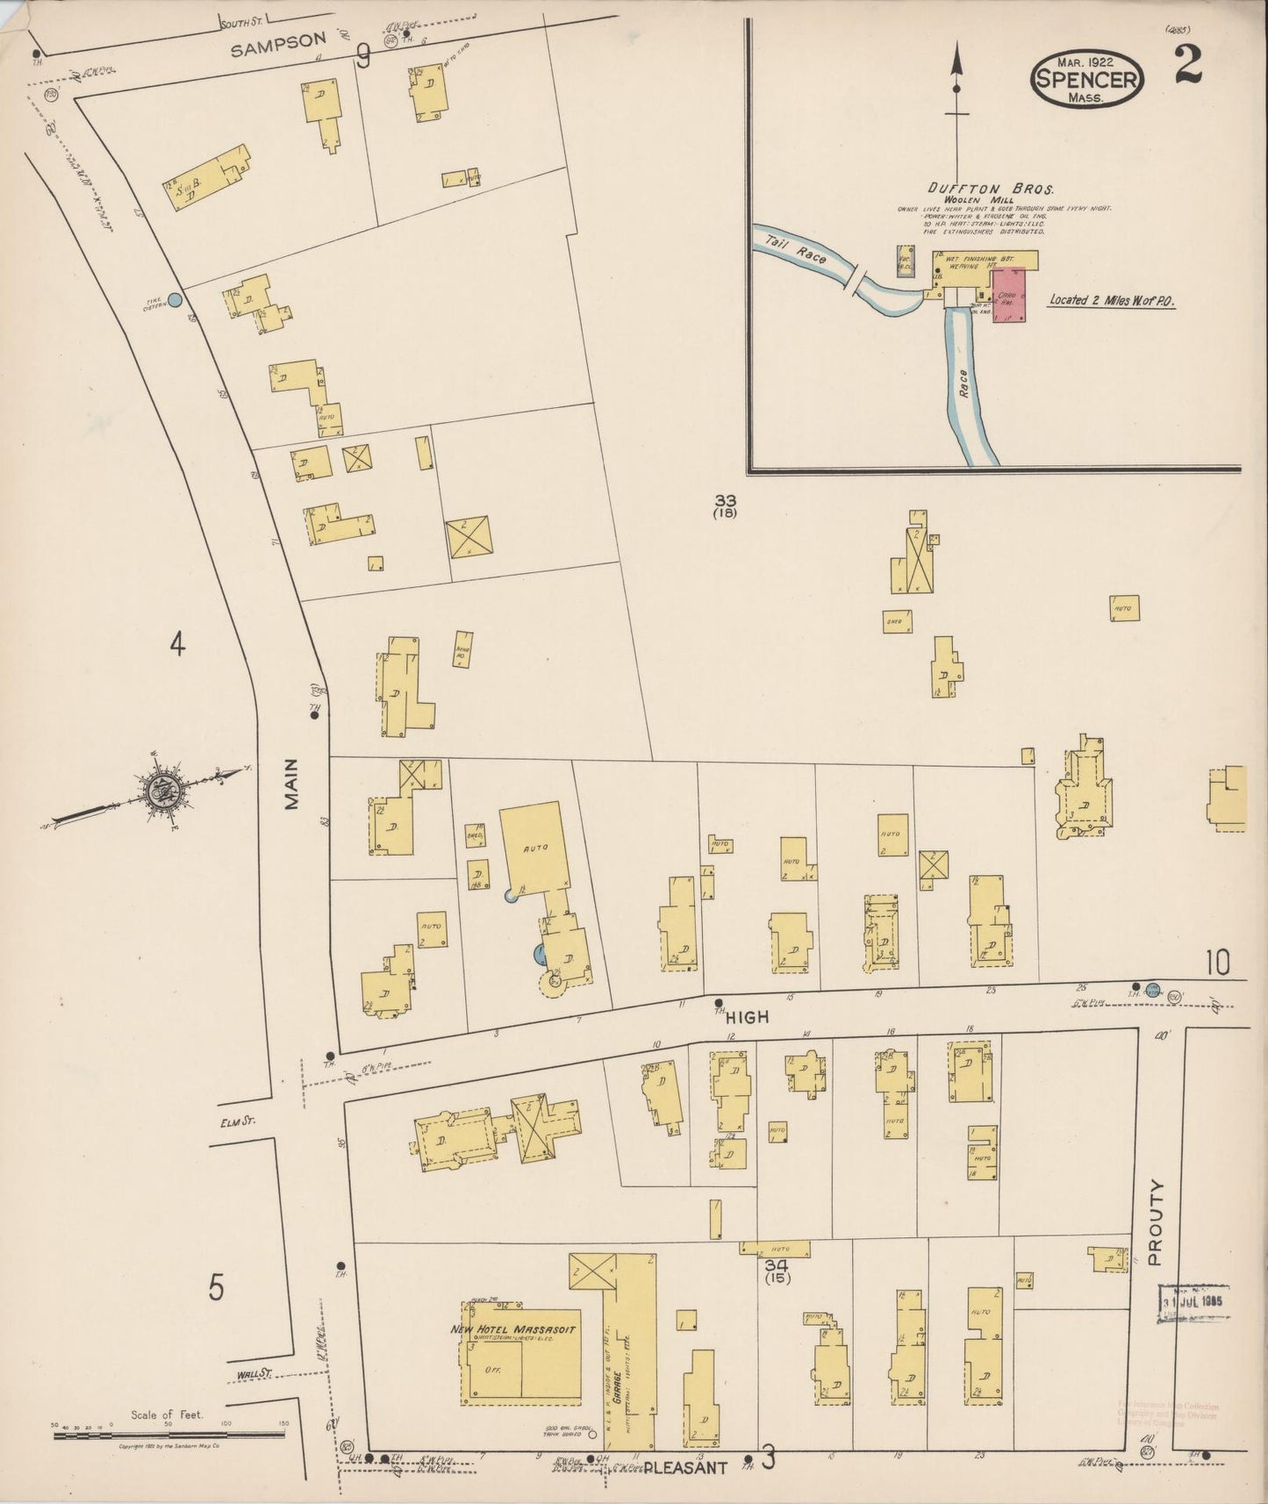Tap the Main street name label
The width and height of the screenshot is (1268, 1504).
[x=291, y=784]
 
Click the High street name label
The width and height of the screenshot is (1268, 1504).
[x=747, y=1017]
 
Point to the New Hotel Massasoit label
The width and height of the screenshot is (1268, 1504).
[x=512, y=1329]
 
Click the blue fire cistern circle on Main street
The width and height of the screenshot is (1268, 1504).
[x=175, y=300]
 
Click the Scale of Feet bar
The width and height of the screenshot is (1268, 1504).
[x=168, y=1436]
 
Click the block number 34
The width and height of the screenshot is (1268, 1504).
[x=777, y=1265]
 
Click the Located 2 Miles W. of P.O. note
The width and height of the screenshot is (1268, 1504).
[x=1112, y=300]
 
